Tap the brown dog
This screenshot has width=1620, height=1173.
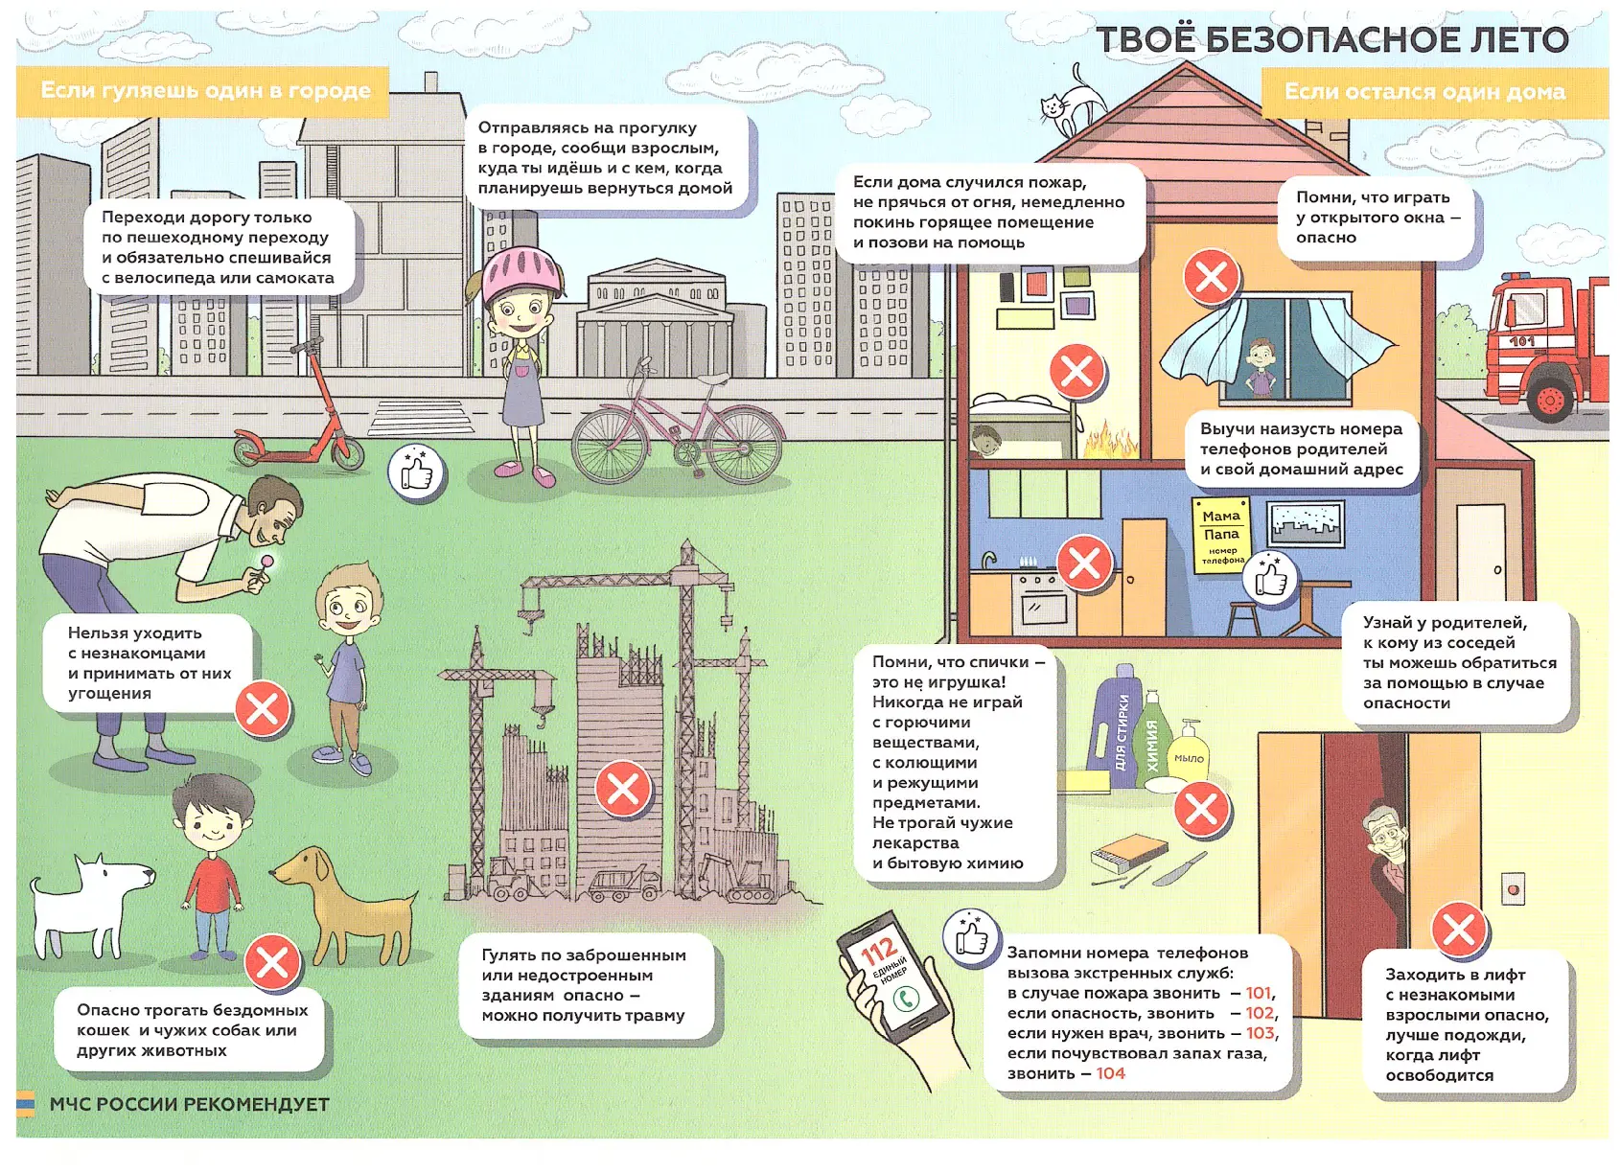[346, 904]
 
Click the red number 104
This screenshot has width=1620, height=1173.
[1110, 1073]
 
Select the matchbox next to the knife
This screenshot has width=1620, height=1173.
[1128, 852]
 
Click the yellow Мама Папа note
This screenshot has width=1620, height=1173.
[1221, 536]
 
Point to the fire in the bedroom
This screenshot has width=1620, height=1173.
[1109, 439]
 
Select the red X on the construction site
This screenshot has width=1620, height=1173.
[623, 789]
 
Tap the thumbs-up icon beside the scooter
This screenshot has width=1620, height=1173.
[416, 471]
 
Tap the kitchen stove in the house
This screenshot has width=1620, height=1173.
[1046, 603]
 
